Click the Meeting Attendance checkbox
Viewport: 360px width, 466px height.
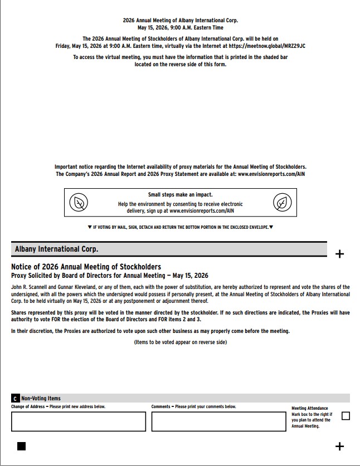tap(346, 416)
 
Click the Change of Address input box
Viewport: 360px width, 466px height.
tap(78, 421)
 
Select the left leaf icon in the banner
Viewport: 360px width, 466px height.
tap(78, 203)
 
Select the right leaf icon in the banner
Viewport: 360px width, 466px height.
tap(283, 203)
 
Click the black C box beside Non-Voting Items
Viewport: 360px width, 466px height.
tap(15, 399)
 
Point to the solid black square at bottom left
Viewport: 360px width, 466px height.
tap(22, 446)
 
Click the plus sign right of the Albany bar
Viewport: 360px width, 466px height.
tap(339, 254)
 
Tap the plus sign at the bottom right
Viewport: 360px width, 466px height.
tap(339, 446)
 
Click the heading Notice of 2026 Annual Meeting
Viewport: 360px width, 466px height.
tap(86, 267)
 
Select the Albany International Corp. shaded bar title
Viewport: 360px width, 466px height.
tap(56, 249)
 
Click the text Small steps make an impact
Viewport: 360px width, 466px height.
tap(180, 195)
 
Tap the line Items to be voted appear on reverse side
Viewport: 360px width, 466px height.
tap(180, 342)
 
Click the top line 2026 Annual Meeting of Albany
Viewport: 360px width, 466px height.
tap(180, 21)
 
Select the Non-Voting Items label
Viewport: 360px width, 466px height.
tap(41, 399)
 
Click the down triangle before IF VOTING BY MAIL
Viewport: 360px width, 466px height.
tap(90, 227)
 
